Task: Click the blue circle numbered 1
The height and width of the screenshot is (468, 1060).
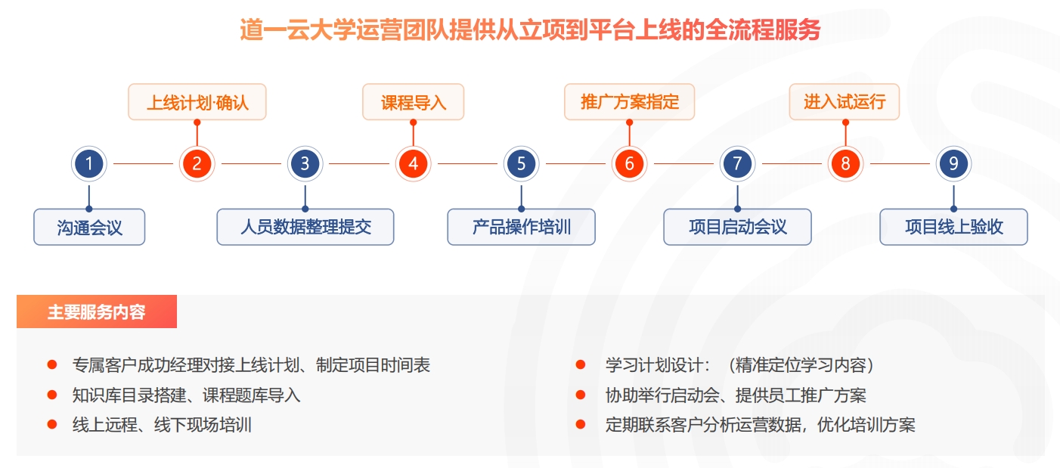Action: pos(89,164)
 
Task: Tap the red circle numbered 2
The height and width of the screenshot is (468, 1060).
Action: pos(197,164)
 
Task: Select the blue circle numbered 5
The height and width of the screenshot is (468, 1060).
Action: pos(521,164)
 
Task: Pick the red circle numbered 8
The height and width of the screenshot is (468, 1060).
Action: pos(845,164)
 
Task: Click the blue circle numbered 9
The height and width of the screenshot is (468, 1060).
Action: pos(953,164)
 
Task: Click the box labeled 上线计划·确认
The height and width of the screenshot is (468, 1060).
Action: pos(197,102)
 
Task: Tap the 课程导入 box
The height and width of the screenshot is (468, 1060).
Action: pos(413,102)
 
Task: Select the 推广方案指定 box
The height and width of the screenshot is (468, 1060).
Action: pos(629,102)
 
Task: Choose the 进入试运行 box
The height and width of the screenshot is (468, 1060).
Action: pos(845,102)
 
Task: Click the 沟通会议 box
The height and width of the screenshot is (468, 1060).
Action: pos(89,227)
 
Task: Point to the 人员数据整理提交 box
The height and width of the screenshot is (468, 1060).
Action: pos(305,227)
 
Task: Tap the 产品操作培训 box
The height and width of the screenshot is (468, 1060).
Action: pos(521,227)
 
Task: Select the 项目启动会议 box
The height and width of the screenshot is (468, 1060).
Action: pos(737,227)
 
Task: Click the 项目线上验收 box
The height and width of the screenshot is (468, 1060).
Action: pos(953,227)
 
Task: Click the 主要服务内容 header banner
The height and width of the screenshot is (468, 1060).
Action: pos(97,311)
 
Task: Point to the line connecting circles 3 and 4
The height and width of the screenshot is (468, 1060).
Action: pos(359,164)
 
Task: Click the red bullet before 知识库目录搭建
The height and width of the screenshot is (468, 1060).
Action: pos(52,395)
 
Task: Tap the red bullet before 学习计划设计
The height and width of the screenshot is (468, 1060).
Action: pos(581,364)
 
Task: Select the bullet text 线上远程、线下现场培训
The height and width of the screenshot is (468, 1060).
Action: pos(162,424)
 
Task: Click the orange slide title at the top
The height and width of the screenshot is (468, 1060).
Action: pos(530,29)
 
